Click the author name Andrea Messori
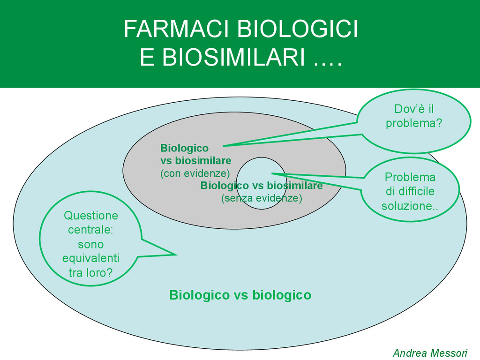pyautogui.click(x=430, y=352)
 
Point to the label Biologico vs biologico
pyautogui.click(x=240, y=295)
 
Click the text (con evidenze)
pyautogui.click(x=195, y=173)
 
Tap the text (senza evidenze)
pyautogui.click(x=262, y=198)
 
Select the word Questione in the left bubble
pyautogui.click(x=91, y=216)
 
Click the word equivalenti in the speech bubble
pyautogui.click(x=91, y=258)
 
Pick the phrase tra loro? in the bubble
pyautogui.click(x=91, y=272)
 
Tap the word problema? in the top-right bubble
pyautogui.click(x=414, y=124)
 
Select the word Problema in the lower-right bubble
pyautogui.click(x=410, y=177)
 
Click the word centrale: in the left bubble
pyautogui.click(x=91, y=230)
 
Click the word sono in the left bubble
pyautogui.click(x=91, y=244)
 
